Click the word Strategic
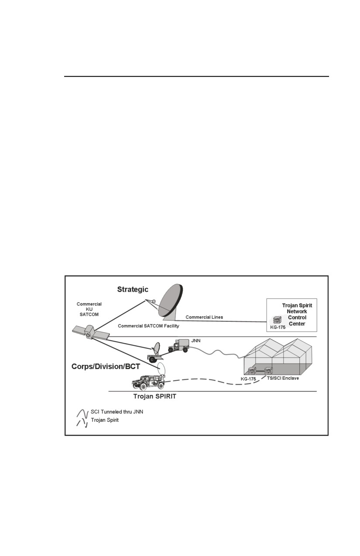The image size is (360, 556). coord(133,290)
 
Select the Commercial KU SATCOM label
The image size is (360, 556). coord(89,309)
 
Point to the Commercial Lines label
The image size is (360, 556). coord(204,317)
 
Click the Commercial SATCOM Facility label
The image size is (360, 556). coord(148,326)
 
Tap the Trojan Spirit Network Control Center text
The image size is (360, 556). coord(297,314)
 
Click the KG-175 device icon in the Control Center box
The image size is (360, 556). coord(277,320)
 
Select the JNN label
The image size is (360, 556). coord(196,341)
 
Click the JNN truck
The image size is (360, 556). coord(178,345)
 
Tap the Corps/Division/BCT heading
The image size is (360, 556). coord(106,367)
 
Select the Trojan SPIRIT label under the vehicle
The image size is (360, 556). coord(155,396)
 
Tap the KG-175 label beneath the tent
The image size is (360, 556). coord(248,379)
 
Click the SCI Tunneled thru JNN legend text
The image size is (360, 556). coord(117,412)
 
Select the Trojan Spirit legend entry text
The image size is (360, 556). coord(105,420)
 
